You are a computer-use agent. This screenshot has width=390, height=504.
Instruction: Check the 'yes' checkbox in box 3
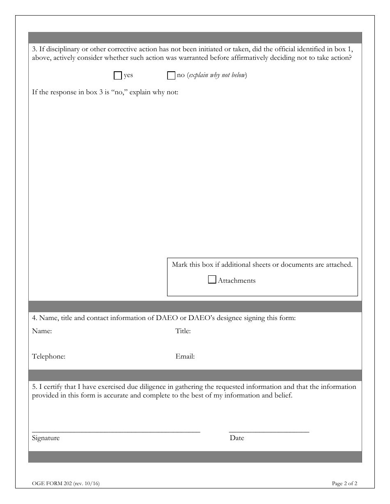tap(118, 75)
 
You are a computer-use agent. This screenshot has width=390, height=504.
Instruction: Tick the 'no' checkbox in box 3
tap(171, 75)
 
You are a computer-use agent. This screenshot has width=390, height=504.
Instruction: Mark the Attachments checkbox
tap(212, 280)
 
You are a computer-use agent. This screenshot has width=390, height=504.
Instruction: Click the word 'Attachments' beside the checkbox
tap(236, 281)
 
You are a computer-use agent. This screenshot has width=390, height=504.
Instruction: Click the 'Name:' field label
tap(42, 331)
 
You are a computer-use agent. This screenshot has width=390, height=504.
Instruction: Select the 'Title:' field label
tap(183, 331)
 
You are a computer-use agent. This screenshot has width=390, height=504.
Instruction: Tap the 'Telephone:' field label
tap(48, 356)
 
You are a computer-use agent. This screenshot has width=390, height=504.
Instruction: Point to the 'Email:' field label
tap(185, 356)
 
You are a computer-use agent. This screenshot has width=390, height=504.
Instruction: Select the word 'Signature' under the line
tap(46, 438)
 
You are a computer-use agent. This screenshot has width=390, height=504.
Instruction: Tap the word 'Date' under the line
tap(237, 438)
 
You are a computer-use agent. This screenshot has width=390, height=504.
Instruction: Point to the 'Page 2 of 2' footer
tap(344, 484)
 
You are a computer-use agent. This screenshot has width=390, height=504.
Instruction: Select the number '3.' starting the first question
tap(34, 49)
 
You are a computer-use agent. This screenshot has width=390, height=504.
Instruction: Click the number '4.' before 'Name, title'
tap(34, 318)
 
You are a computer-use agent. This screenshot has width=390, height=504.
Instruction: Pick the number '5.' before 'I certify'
tap(34, 387)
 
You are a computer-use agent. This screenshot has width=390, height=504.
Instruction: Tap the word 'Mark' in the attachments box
tap(179, 265)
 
